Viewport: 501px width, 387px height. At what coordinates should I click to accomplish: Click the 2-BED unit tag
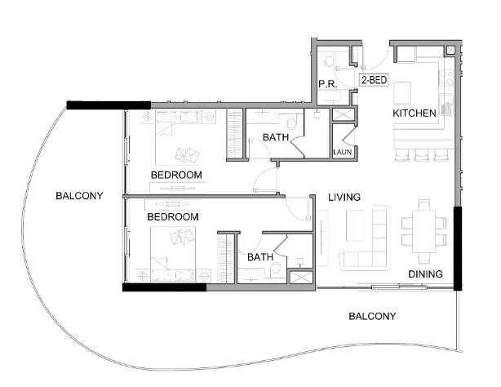pyautogui.click(x=373, y=81)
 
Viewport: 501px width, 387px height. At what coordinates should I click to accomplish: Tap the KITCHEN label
pyautogui.click(x=415, y=113)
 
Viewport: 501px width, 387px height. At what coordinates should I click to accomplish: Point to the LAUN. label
pyautogui.click(x=342, y=152)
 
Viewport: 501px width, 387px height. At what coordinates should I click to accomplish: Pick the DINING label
pyautogui.click(x=425, y=274)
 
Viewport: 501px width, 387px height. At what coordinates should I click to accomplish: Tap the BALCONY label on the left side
pyautogui.click(x=78, y=196)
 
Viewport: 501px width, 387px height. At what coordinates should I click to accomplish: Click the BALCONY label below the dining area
pyautogui.click(x=371, y=316)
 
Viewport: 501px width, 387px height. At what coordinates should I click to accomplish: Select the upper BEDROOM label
pyautogui.click(x=176, y=176)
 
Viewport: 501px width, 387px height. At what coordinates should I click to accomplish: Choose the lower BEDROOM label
pyautogui.click(x=173, y=217)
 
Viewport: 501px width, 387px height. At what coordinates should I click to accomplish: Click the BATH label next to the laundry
pyautogui.click(x=275, y=138)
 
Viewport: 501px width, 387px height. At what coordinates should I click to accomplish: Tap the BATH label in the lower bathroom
pyautogui.click(x=260, y=257)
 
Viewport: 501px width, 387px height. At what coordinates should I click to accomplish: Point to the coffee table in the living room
pyautogui.click(x=355, y=222)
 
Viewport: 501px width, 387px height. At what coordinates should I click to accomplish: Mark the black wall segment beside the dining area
pyautogui.click(x=458, y=247)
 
